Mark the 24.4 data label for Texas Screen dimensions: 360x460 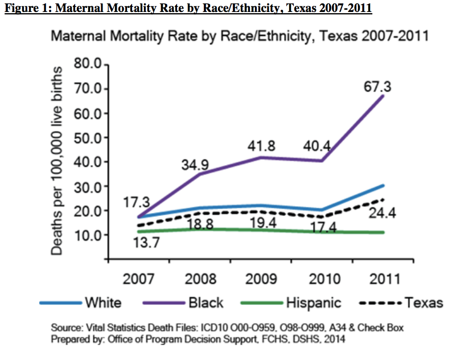[381, 215]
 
